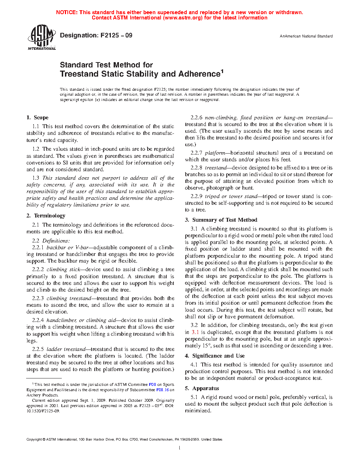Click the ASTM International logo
tap(41, 37)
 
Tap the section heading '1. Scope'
tap(37, 118)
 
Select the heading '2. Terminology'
tap(46, 216)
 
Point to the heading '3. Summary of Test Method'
tap(221, 220)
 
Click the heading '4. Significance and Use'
tap(215, 356)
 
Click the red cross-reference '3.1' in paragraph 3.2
tap(195, 332)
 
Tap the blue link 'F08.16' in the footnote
tap(162, 390)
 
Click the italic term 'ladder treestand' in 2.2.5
tap(66, 349)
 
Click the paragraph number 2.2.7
tap(196, 153)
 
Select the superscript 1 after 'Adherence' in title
tap(222, 71)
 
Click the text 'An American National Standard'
tap(306, 36)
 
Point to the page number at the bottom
tap(180, 448)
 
